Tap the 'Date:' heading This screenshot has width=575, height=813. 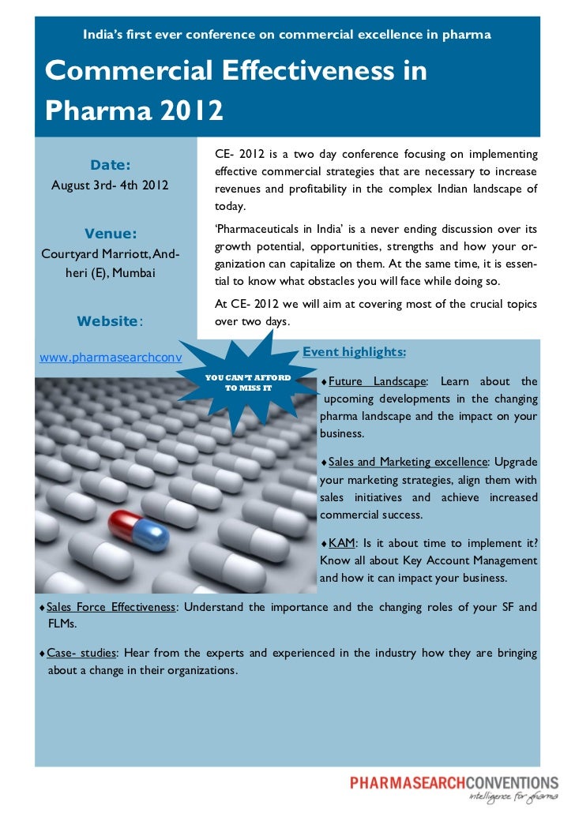click(111, 165)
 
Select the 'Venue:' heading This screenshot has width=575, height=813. click(111, 233)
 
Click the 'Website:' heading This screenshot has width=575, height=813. click(109, 321)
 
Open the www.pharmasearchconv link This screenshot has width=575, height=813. click(111, 358)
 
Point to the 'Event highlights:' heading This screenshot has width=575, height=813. click(355, 350)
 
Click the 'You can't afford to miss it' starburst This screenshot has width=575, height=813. click(248, 383)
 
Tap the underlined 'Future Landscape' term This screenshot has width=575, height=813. click(377, 381)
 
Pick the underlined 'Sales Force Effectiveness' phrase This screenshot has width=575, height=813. click(111, 607)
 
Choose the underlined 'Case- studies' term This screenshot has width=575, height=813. click(81, 653)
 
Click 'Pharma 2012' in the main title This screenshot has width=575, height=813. click(134, 110)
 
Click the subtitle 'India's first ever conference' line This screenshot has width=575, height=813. click(287, 35)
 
